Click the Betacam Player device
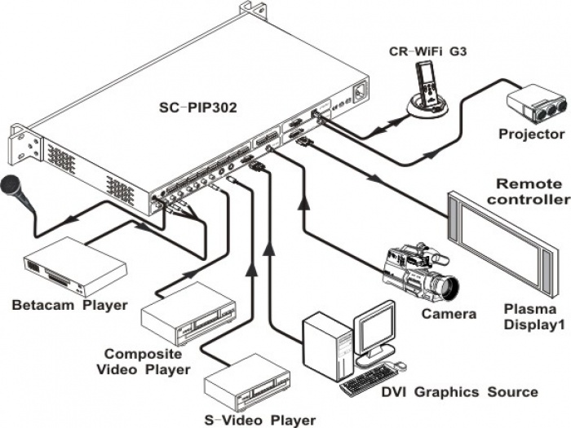click(x=73, y=265)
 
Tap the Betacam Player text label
click(x=69, y=306)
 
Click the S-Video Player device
click(x=247, y=383)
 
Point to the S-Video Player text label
click(x=259, y=420)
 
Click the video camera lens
click(x=446, y=287)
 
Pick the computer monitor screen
click(x=375, y=330)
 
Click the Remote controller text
click(x=532, y=192)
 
